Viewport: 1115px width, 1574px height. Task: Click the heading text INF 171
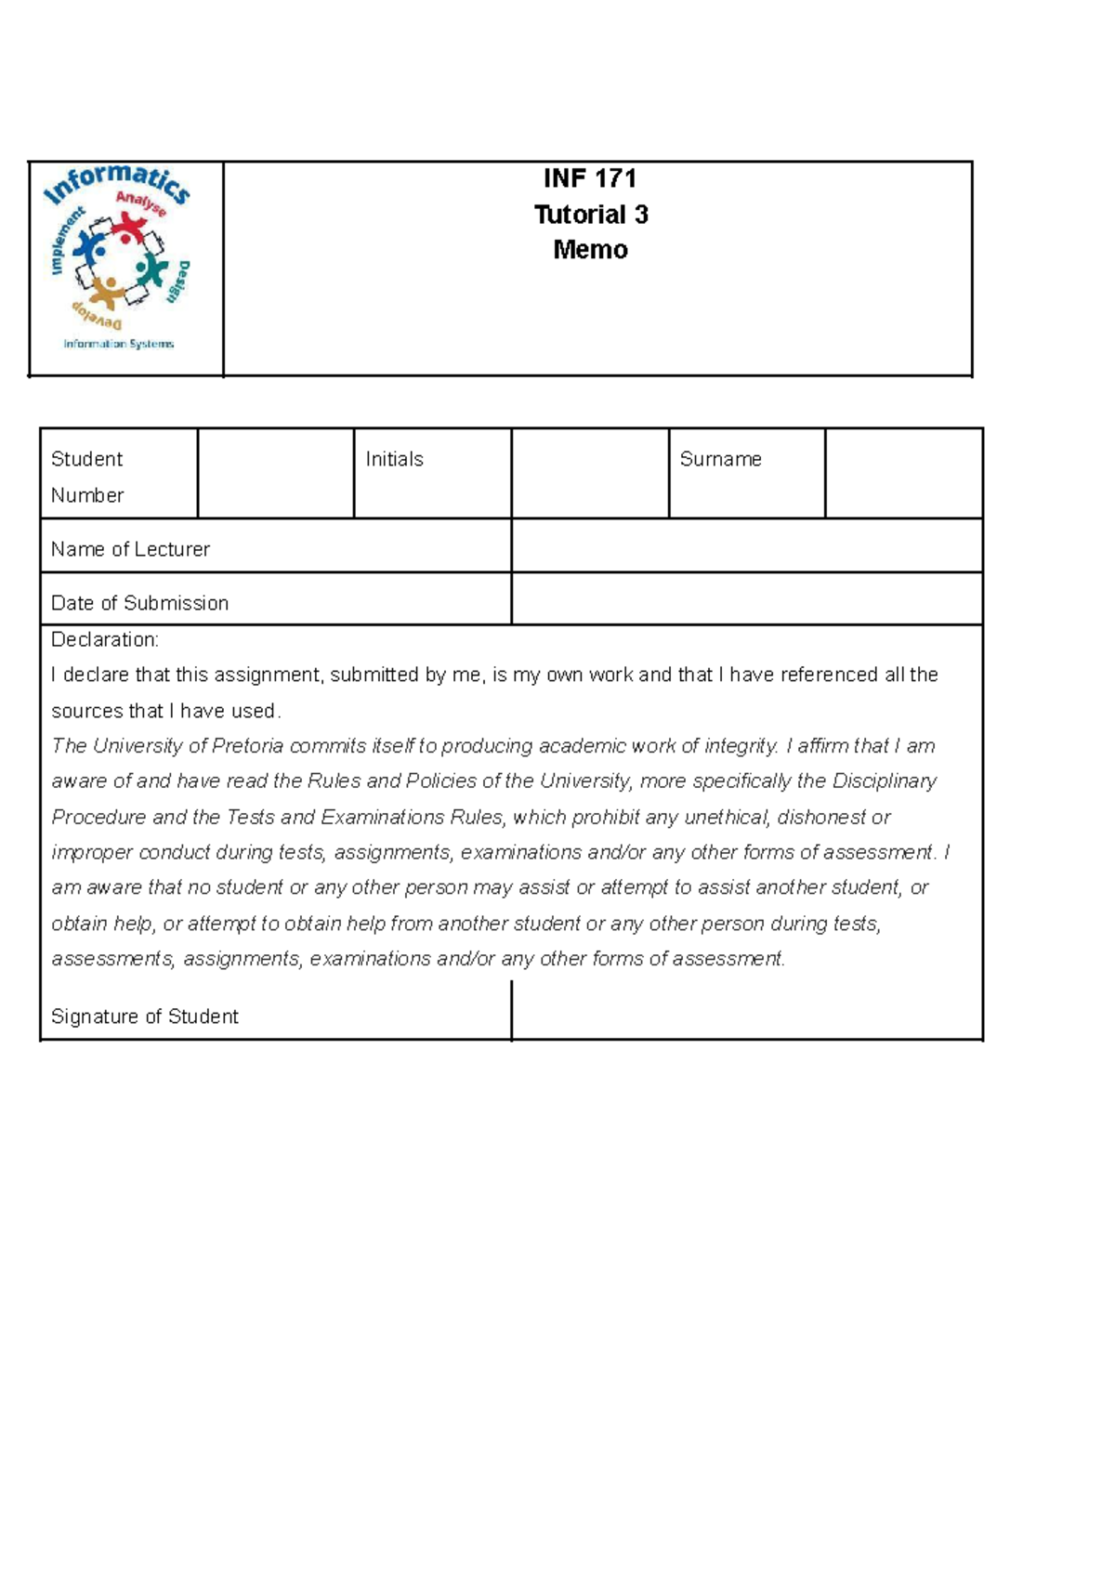tap(590, 178)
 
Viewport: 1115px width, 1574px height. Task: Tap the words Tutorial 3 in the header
tap(591, 215)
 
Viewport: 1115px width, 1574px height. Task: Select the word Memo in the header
tap(590, 250)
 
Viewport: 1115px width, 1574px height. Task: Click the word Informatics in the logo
tap(117, 183)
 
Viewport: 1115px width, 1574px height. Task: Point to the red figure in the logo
tap(130, 229)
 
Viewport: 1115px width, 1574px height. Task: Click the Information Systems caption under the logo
tap(118, 344)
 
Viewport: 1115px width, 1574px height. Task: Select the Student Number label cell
tap(87, 477)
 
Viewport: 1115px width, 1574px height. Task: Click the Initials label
tap(394, 459)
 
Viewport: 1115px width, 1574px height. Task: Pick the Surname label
tap(720, 459)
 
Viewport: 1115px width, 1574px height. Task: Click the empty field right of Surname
tap(903, 473)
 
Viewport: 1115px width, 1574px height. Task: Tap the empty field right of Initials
tap(590, 473)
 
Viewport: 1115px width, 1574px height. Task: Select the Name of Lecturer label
tap(130, 549)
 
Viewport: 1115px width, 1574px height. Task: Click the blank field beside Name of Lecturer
tap(746, 545)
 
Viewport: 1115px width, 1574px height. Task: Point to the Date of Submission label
tap(139, 603)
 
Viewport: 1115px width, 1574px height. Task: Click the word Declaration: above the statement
tap(105, 639)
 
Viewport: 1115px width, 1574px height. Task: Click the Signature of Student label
tap(144, 1017)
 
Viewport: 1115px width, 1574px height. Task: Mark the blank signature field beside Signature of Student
tap(746, 1010)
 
